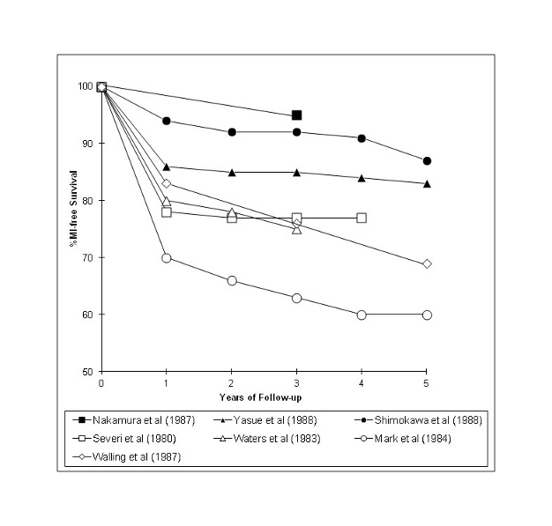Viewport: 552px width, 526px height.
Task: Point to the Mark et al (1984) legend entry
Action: tap(398, 438)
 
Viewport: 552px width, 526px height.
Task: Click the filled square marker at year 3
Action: tap(297, 115)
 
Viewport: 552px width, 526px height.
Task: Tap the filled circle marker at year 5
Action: tap(427, 161)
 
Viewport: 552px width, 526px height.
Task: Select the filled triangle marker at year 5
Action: tap(427, 184)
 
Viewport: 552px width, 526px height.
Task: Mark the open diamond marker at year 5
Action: tap(427, 263)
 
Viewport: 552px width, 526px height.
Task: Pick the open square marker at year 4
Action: tap(362, 218)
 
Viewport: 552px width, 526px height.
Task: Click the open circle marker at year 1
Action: tap(167, 257)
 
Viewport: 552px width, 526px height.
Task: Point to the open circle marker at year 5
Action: tap(427, 315)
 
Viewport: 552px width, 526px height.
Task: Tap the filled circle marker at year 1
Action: tap(167, 121)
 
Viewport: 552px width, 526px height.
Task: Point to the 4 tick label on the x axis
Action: tap(362, 384)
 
